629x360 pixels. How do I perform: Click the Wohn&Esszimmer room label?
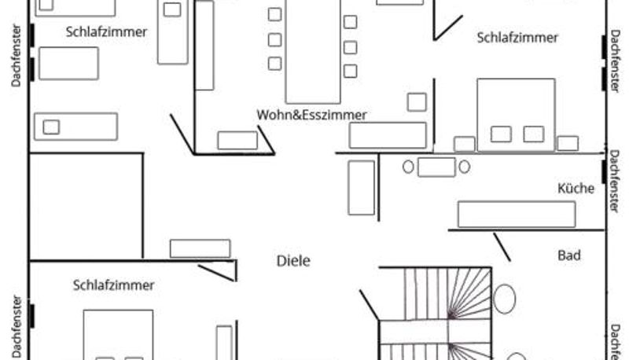point(311,115)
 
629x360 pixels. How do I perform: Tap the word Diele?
point(293,261)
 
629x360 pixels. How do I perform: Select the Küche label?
point(576,188)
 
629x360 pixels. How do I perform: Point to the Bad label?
point(568,255)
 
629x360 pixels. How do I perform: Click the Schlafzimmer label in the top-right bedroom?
point(517,38)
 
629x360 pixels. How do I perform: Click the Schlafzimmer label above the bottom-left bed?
point(113,285)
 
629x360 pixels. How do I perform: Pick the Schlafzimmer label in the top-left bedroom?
point(106,32)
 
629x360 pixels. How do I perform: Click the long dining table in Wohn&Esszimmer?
point(313,51)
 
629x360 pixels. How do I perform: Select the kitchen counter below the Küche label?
point(517,215)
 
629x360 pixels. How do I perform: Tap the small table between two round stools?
point(436,167)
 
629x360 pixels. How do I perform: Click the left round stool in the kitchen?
point(408,167)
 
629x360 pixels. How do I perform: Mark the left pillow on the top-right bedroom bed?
point(501,134)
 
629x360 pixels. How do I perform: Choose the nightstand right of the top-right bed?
point(568,144)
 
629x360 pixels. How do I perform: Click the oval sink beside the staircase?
point(504,299)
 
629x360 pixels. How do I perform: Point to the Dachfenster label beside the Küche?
point(614,181)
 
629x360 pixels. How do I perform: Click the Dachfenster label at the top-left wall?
point(16,55)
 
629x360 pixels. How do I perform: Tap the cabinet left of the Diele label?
point(200,248)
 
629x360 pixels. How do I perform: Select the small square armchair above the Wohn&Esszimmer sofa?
point(417,102)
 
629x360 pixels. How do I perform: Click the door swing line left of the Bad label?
point(502,247)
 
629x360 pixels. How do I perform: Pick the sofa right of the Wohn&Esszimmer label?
point(388,135)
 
